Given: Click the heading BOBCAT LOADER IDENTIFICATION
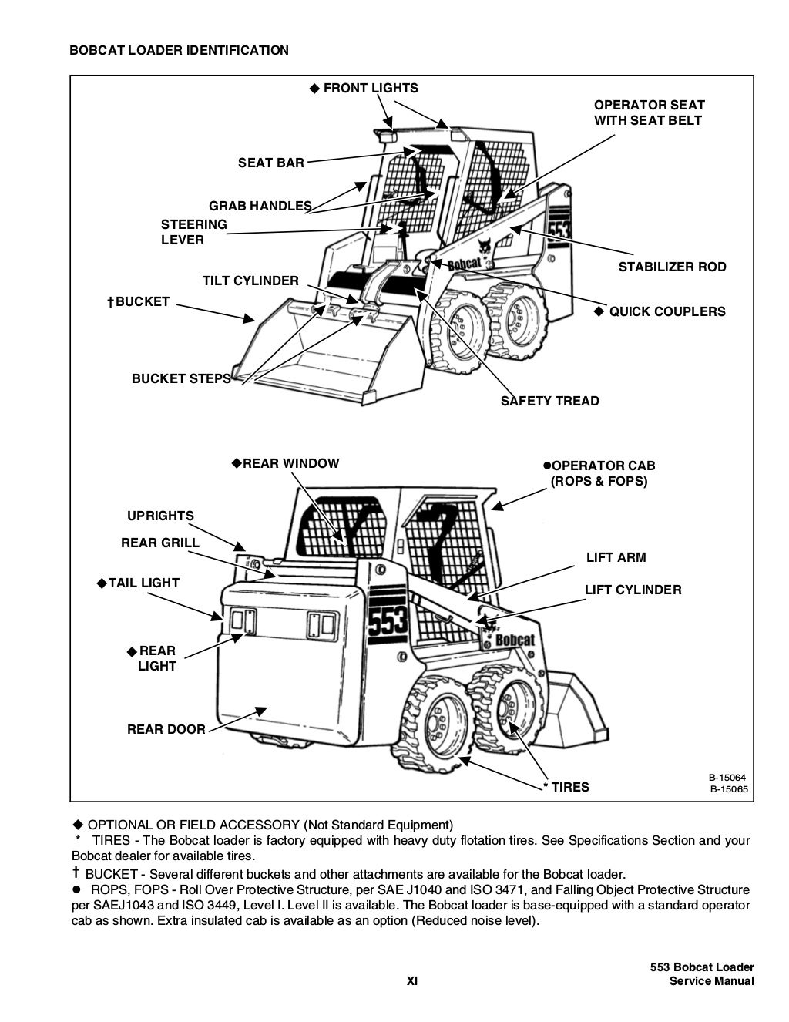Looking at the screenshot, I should pyautogui.click(x=179, y=51).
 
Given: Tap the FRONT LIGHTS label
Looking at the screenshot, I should pyautogui.click(x=370, y=89).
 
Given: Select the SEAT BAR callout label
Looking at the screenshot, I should pyautogui.click(x=270, y=163).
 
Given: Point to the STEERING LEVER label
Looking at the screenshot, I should pyautogui.click(x=193, y=232).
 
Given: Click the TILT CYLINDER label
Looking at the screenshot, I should pyautogui.click(x=250, y=281).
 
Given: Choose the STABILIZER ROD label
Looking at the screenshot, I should pyautogui.click(x=672, y=267).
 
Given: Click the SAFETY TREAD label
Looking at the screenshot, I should pyautogui.click(x=549, y=401).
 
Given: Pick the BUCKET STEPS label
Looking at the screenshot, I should pyautogui.click(x=181, y=378).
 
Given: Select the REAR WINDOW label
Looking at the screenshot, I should pyautogui.click(x=290, y=464).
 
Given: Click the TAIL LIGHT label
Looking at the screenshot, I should pyautogui.click(x=143, y=583).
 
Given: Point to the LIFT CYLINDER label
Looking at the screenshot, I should pyautogui.click(x=633, y=590).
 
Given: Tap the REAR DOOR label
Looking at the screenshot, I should pyautogui.click(x=166, y=729).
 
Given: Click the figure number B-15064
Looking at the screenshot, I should pyautogui.click(x=728, y=777).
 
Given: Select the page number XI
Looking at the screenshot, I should pyautogui.click(x=412, y=981).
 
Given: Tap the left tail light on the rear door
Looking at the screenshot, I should pyautogui.click(x=238, y=621).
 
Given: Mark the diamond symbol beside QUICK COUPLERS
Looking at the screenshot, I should pyautogui.click(x=599, y=311).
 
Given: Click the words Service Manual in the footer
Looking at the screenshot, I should pyautogui.click(x=711, y=981).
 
